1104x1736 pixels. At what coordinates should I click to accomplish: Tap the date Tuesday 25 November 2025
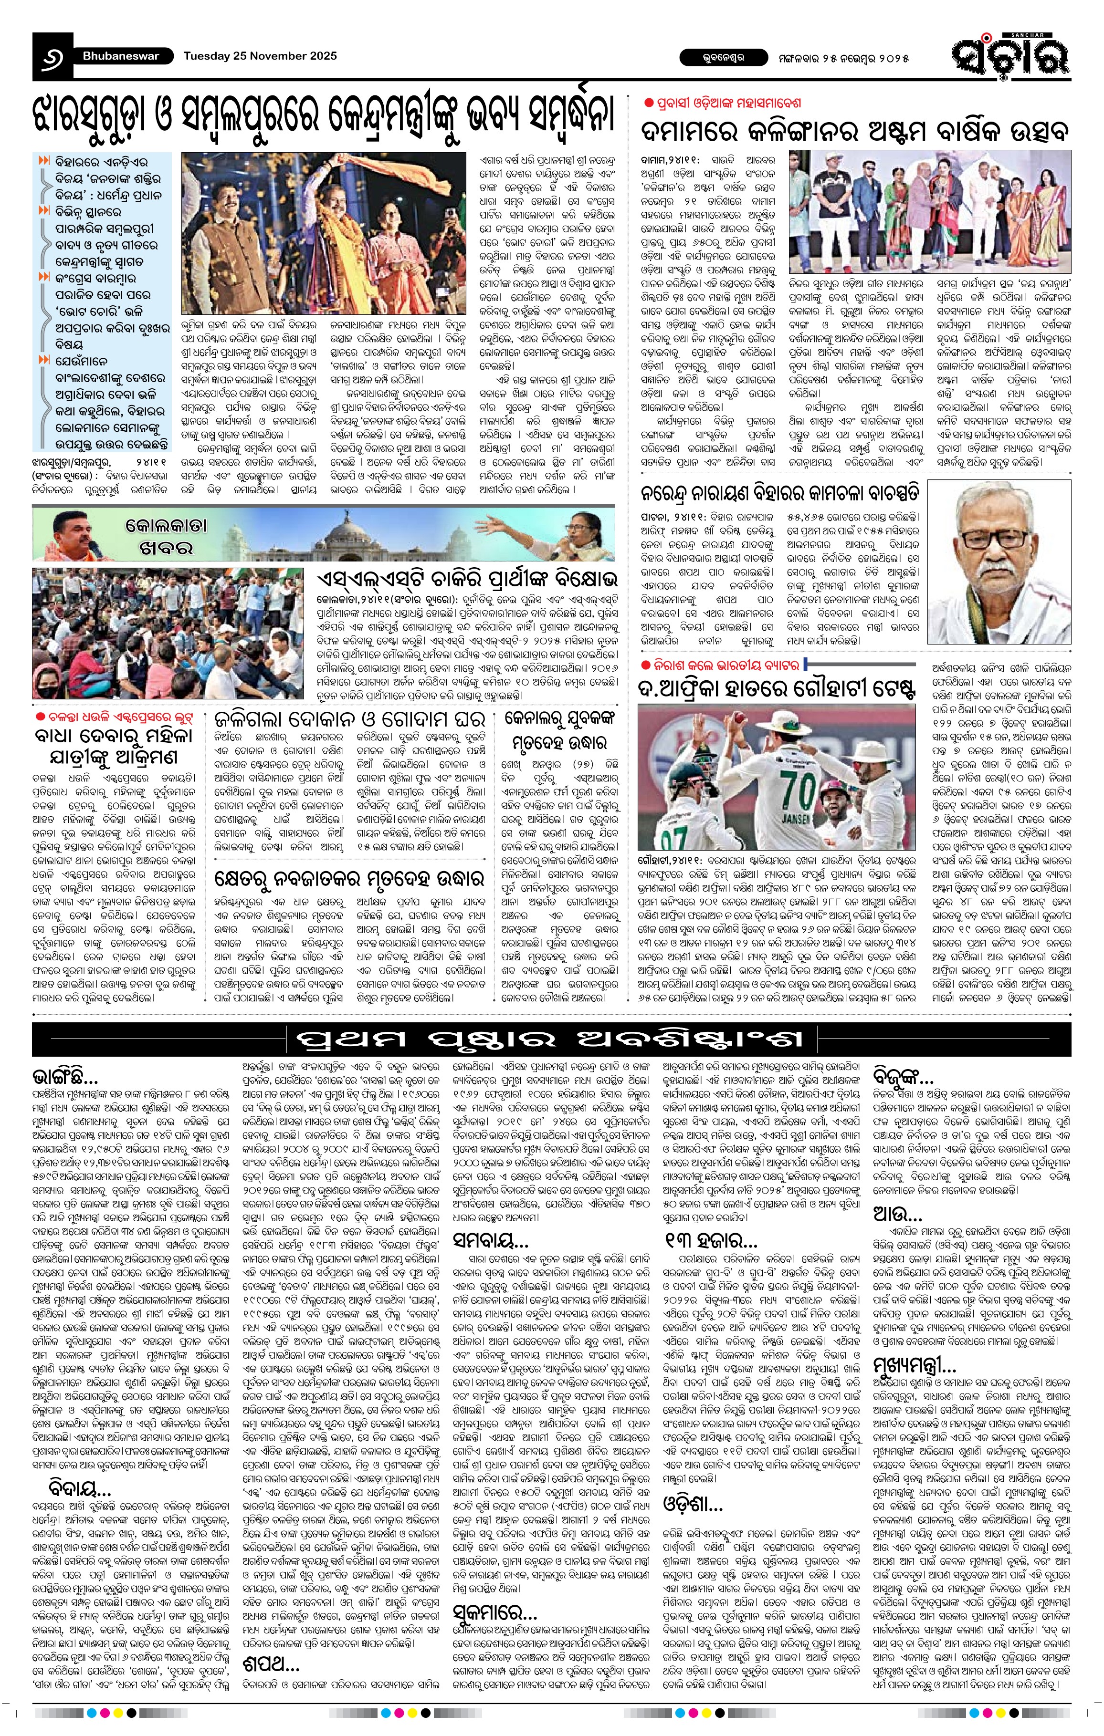coord(260,55)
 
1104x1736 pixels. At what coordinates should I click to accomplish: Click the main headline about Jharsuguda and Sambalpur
coord(325,117)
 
